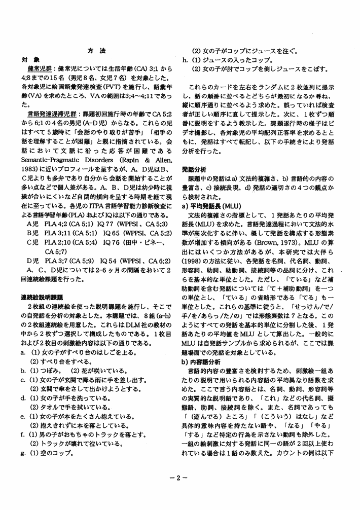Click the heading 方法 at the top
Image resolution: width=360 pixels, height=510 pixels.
click(x=96, y=51)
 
